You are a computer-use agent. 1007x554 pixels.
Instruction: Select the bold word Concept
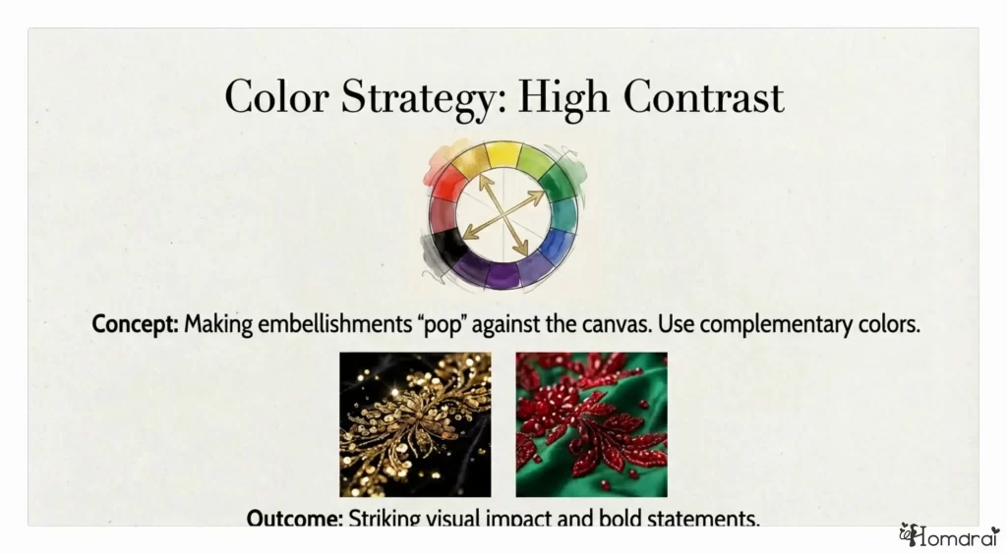pos(135,323)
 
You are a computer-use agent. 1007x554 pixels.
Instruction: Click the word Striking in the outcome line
pos(386,518)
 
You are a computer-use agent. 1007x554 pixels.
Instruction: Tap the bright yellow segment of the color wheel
pos(503,154)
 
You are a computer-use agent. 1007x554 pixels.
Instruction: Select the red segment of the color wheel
pos(450,183)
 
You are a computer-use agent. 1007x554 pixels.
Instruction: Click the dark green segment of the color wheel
pos(557,184)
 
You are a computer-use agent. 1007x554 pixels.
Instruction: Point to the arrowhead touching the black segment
pos(467,235)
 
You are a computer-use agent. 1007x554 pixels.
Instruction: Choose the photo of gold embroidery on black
pos(415,424)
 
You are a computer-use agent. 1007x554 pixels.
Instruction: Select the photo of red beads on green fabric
pos(591,424)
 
